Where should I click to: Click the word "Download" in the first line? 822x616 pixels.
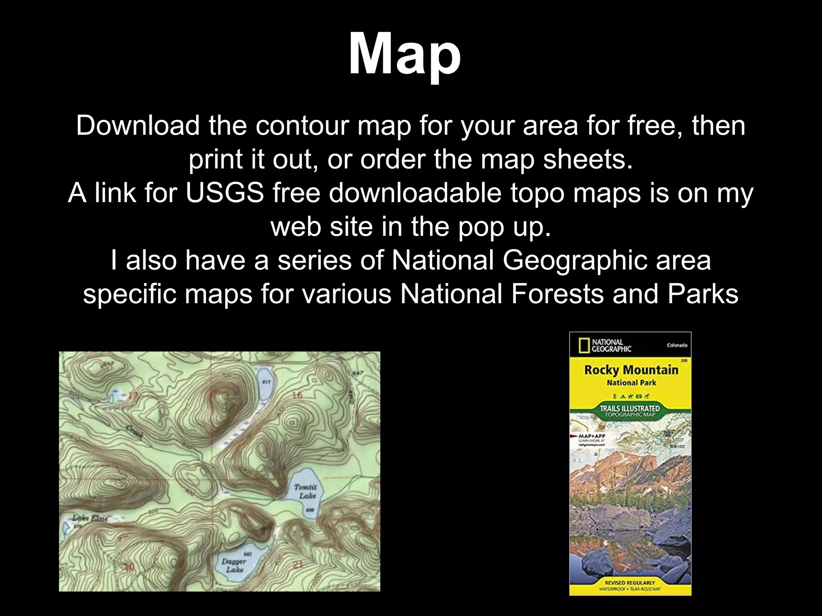coord(138,126)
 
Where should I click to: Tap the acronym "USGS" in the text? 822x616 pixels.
coord(224,193)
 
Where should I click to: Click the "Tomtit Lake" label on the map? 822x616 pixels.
coord(306,491)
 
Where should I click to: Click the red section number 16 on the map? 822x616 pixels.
coord(297,395)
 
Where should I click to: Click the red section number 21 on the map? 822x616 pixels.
coord(297,565)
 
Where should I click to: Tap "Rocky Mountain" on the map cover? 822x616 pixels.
coord(631,369)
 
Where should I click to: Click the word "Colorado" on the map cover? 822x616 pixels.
coord(677,345)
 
